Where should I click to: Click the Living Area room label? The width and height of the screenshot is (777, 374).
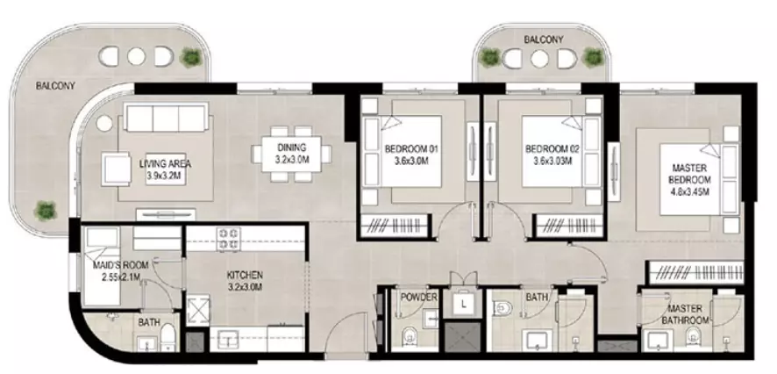point(166,169)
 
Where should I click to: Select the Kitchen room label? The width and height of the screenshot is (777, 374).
point(245,281)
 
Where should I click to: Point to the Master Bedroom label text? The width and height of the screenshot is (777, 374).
point(689,180)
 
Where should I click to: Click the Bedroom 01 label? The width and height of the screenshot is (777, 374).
point(411,155)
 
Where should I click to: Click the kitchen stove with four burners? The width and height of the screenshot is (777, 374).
point(229,238)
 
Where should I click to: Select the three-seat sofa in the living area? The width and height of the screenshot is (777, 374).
point(166,118)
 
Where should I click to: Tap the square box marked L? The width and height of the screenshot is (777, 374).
point(462,303)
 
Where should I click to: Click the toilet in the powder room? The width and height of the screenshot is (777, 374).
point(410,337)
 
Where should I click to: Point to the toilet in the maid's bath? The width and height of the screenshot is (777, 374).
point(168,337)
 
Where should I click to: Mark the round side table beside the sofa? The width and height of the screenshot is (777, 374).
point(104,124)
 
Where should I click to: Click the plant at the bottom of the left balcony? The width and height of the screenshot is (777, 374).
point(45,211)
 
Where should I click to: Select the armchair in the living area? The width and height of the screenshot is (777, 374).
point(116,169)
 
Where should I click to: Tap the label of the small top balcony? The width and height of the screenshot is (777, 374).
point(543,40)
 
